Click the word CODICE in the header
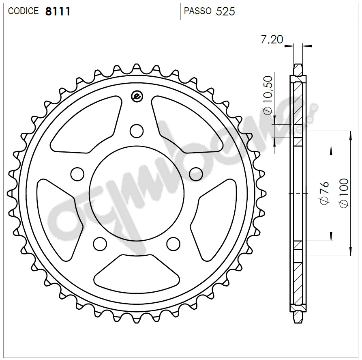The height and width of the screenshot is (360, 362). pos(23,11)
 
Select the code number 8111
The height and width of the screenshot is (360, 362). pos(58,11)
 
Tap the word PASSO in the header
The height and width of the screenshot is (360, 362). pos(197,11)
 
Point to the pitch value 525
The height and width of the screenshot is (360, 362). pos(225,11)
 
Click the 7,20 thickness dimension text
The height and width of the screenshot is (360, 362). pos(272,40)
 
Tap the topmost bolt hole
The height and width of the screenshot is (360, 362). pos(137,131)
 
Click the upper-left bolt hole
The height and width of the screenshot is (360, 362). pos(76,174)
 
